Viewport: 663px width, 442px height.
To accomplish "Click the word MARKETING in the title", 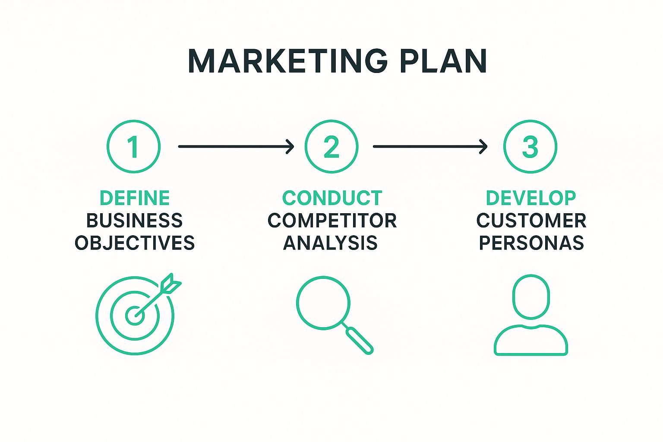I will tap(287, 61).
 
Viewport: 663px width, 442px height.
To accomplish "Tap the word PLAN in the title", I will tap(443, 61).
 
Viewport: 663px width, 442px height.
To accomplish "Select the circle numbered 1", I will tap(134, 147).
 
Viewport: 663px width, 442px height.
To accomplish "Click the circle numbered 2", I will tap(331, 147).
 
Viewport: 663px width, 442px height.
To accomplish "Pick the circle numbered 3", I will tap(530, 147).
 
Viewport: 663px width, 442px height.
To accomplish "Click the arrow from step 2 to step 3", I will tap(430, 147).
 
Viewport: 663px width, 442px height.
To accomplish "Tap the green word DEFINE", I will tap(135, 198).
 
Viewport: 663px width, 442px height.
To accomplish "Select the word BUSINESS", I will tap(135, 221).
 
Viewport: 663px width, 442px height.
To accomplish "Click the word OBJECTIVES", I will tap(135, 243).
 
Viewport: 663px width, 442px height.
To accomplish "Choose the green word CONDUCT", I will tap(332, 198).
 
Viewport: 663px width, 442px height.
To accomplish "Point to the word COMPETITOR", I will tap(332, 221).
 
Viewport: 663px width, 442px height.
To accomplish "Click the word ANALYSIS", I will tap(330, 243).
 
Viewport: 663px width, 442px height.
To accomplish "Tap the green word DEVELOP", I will tap(530, 198).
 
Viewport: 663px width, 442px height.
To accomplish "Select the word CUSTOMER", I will tap(531, 221).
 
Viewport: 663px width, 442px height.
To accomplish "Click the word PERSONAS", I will tap(531, 243).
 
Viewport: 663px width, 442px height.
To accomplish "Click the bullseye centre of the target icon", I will tap(134, 316).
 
